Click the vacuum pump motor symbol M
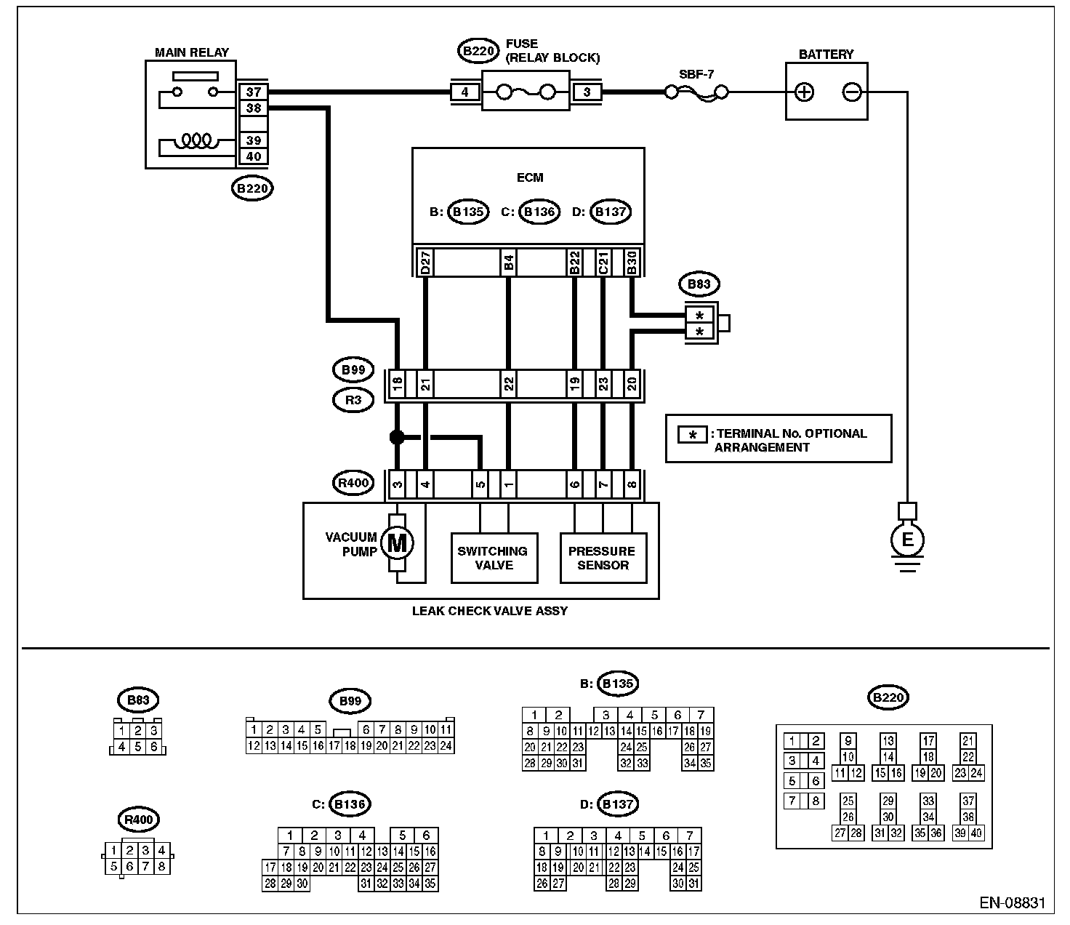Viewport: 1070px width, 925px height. (x=397, y=543)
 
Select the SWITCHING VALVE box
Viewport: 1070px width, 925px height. (x=494, y=558)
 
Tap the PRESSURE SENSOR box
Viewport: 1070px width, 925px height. (x=603, y=558)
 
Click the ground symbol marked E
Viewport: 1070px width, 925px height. (x=907, y=540)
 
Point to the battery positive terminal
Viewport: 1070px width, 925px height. (x=804, y=92)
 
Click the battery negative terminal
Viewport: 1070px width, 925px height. (x=851, y=92)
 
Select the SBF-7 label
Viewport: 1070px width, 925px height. (x=696, y=74)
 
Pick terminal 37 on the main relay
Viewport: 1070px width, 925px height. (x=253, y=92)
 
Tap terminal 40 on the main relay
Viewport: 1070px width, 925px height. (x=253, y=156)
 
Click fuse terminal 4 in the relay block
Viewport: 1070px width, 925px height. (x=464, y=92)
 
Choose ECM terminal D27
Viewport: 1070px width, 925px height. (x=425, y=263)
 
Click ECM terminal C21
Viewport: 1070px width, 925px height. (x=603, y=263)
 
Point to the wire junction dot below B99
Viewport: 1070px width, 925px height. (x=397, y=437)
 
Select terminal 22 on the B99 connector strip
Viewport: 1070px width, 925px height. (x=508, y=384)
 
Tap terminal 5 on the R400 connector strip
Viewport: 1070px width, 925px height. (x=480, y=484)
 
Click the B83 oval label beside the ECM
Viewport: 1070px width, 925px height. (x=699, y=284)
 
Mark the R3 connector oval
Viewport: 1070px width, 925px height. (x=353, y=400)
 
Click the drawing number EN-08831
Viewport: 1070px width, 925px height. (x=1012, y=902)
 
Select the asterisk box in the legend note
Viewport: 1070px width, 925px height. (x=692, y=435)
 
